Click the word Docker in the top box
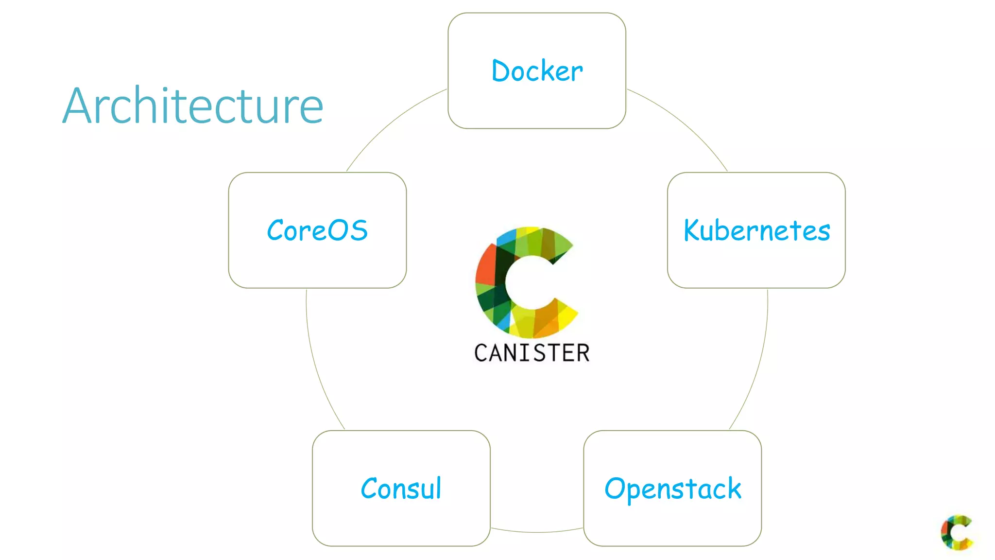[537, 71]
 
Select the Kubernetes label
[756, 230]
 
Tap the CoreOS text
[317, 230]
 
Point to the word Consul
[401, 489]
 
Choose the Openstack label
[672, 489]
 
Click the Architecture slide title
[193, 105]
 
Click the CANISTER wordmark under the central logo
[532, 353]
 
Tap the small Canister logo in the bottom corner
[956, 532]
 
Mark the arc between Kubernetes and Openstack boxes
[758, 365]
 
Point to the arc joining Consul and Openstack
[537, 532]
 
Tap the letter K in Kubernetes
[692, 230]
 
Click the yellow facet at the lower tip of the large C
[566, 316]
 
